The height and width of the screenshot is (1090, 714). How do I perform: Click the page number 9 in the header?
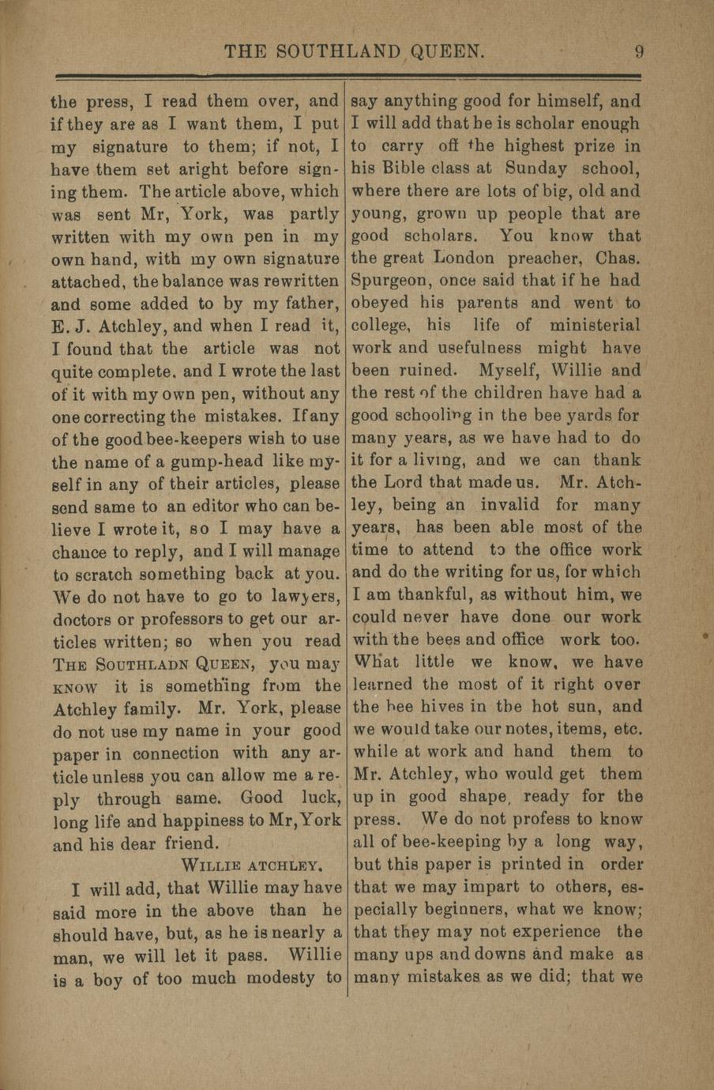(639, 52)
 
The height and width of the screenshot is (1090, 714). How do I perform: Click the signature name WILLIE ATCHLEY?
(250, 865)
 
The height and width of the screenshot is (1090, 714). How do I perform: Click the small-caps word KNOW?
(75, 688)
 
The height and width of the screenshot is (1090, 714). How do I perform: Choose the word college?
(381, 326)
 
